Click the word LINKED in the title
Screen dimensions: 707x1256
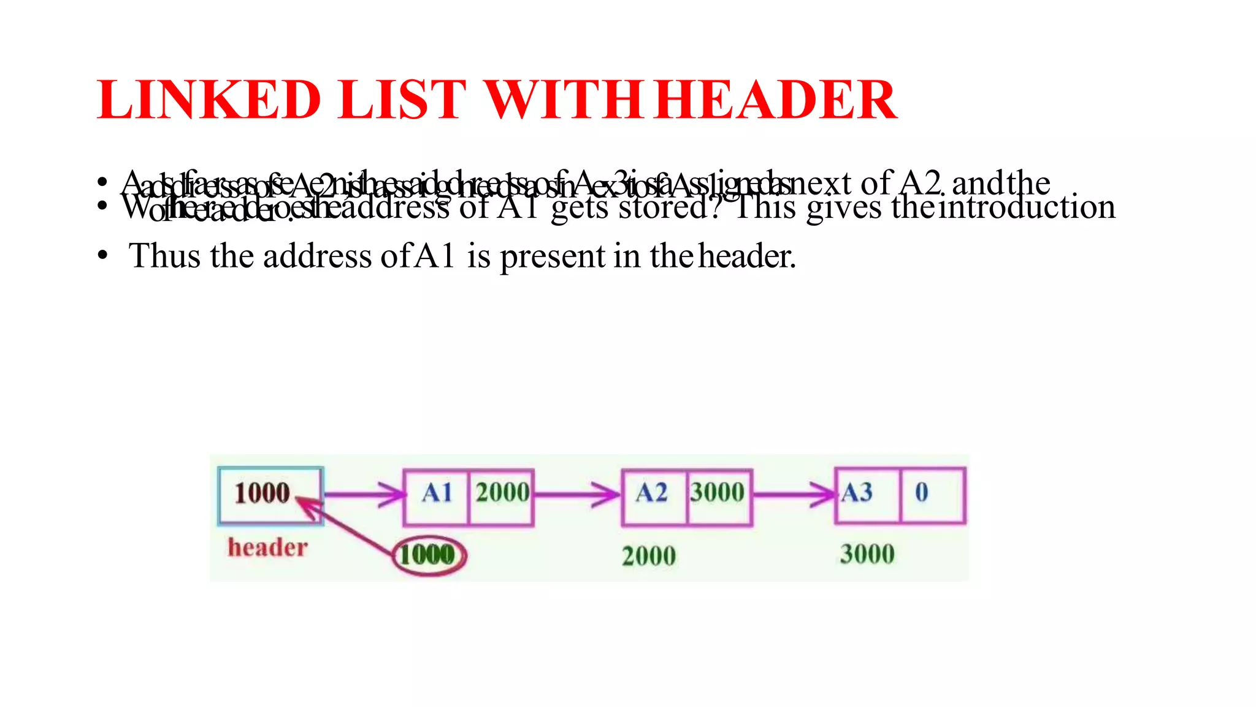tap(209, 100)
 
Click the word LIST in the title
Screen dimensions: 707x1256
tap(402, 100)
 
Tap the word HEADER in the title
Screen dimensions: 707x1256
tap(775, 100)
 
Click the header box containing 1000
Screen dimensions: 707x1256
tap(270, 495)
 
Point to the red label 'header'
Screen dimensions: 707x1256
tap(267, 547)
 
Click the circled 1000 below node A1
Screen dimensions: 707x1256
tap(428, 555)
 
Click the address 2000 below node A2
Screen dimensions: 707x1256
tap(649, 556)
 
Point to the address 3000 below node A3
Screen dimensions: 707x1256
tap(867, 554)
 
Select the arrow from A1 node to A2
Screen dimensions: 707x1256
tap(577, 494)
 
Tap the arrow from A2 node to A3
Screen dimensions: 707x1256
tap(794, 494)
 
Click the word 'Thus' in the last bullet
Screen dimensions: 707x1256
tap(165, 257)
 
